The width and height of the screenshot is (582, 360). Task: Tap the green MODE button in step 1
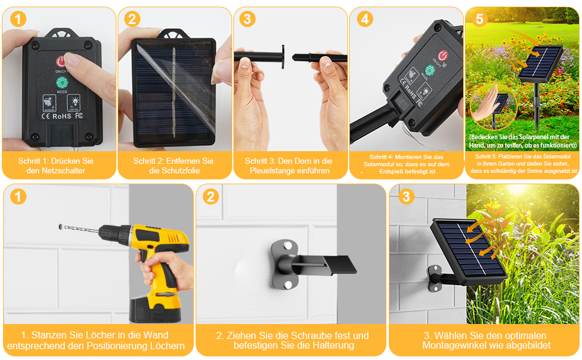[62, 82]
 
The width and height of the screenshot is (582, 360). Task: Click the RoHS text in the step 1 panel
[62, 116]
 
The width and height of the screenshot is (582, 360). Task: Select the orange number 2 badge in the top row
[132, 19]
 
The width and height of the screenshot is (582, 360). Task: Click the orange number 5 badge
[479, 19]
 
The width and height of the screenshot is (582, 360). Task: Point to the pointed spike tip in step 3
[293, 58]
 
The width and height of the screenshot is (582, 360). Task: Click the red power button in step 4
[442, 56]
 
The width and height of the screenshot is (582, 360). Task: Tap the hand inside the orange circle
[485, 104]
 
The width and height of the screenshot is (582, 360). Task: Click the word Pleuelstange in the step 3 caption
[275, 171]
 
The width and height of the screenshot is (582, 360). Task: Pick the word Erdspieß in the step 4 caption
[391, 172]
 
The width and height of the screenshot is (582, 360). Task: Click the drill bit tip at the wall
[61, 226]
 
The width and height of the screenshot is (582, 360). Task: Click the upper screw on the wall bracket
[287, 245]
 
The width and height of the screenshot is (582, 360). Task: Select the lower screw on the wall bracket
[287, 284]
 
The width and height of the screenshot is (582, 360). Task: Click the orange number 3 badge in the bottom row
[406, 196]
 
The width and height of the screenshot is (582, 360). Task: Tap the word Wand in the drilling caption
[156, 335]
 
